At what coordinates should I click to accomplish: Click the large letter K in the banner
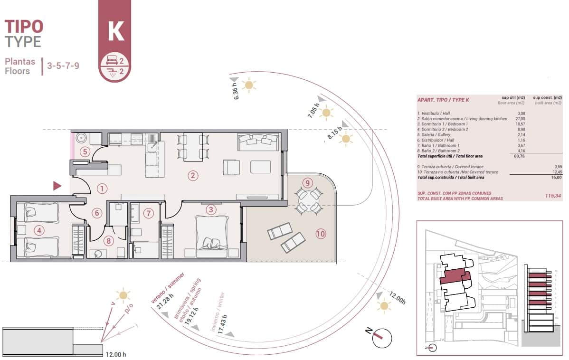(x=116, y=30)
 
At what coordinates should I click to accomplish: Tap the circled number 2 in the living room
(x=192, y=176)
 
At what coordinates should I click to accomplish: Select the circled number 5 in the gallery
(x=85, y=152)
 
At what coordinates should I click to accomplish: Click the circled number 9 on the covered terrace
(x=307, y=182)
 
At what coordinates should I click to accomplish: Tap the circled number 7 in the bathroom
(x=149, y=213)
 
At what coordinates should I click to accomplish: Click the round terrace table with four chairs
(x=308, y=201)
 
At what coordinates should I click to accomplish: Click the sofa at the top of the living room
(x=258, y=142)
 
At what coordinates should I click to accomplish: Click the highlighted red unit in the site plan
(x=454, y=276)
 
